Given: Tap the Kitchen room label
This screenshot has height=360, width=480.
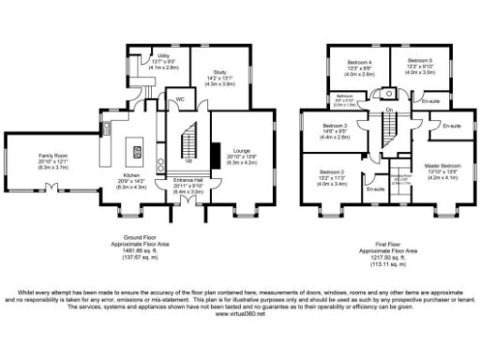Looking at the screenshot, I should tap(128, 177).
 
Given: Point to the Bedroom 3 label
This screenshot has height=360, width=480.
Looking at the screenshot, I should tap(336, 126).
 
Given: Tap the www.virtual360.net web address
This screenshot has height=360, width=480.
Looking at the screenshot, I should tap(240, 313).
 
